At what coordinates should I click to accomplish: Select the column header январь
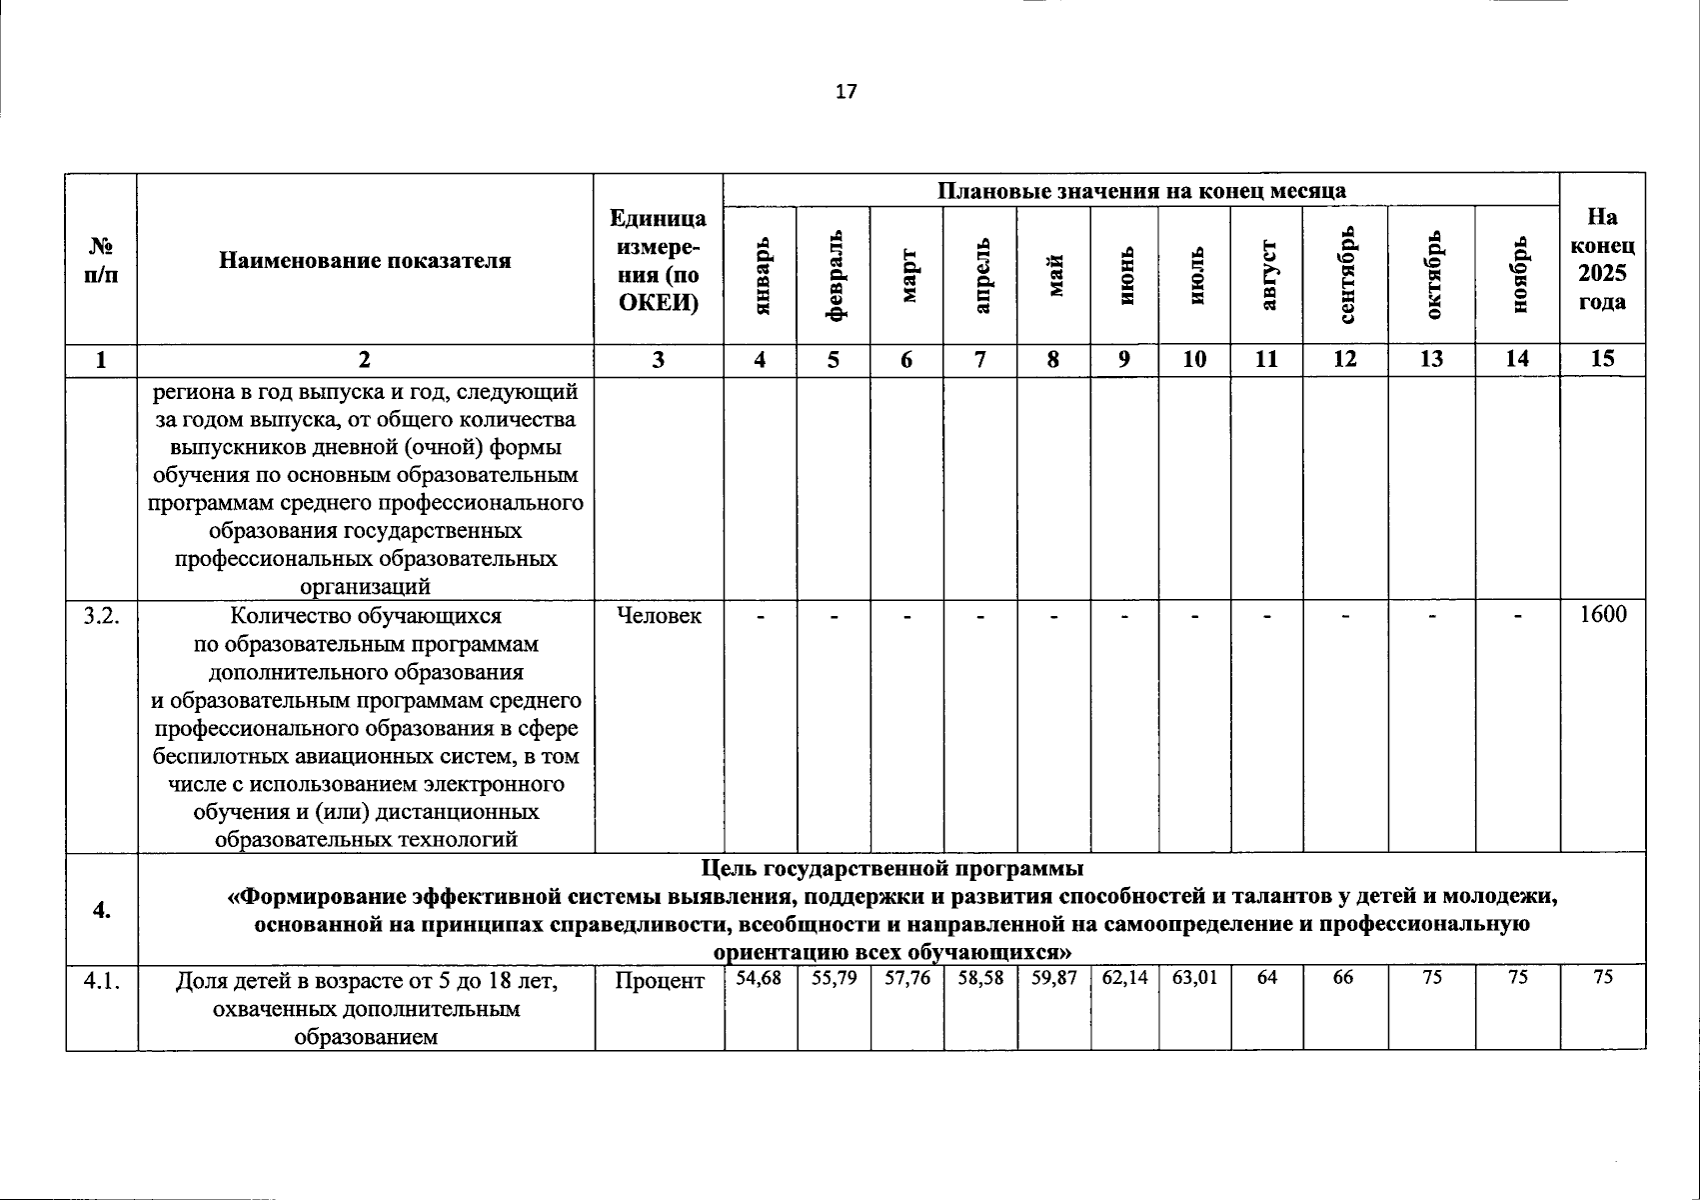click(762, 277)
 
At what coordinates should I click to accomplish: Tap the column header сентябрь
click(1346, 275)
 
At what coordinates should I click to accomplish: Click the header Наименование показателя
click(365, 261)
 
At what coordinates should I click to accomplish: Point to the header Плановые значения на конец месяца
click(1141, 191)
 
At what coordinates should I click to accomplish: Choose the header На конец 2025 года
click(1602, 260)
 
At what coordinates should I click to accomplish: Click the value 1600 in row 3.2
click(1602, 615)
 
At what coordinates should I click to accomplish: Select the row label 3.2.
click(102, 616)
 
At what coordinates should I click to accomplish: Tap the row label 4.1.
click(102, 981)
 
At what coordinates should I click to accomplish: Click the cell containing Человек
click(659, 616)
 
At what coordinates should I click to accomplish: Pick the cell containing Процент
click(659, 981)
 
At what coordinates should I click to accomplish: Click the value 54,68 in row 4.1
click(760, 978)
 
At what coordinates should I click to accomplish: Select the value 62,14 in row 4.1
click(1124, 978)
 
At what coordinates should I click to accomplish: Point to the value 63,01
click(1194, 978)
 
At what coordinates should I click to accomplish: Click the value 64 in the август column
click(1266, 978)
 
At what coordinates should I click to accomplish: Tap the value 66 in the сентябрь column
click(1343, 978)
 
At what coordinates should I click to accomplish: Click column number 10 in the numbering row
click(1194, 360)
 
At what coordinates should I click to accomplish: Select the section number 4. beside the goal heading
click(102, 909)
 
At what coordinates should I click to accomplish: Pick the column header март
click(907, 277)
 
